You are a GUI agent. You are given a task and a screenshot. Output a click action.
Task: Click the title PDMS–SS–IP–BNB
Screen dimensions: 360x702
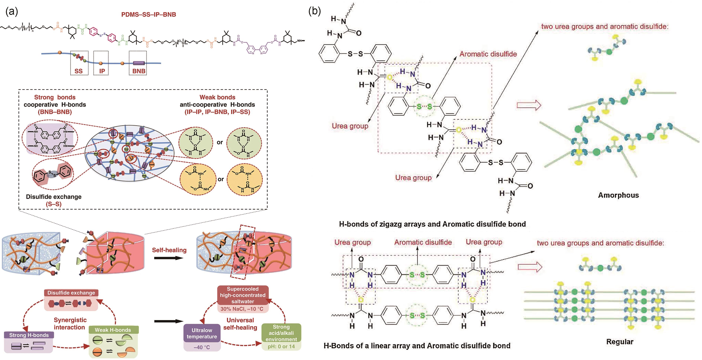[149, 14]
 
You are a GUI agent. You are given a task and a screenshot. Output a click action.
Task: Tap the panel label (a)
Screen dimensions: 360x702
[12, 12]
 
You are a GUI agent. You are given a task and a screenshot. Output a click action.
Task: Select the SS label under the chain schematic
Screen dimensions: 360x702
[79, 71]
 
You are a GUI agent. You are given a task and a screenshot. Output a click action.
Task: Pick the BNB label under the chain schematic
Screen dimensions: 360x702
[139, 71]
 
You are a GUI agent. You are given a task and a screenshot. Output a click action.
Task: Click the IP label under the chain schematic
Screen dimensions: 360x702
[102, 71]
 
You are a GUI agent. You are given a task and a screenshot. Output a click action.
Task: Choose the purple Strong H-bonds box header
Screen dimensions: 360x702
[29, 335]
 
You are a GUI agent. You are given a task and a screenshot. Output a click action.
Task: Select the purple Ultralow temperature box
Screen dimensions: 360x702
[202, 333]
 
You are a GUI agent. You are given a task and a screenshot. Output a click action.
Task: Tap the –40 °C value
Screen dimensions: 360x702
[202, 347]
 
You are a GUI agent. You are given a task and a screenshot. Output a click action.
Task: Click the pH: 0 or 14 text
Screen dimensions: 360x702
[281, 347]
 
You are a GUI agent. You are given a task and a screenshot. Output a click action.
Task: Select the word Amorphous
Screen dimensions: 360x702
[618, 195]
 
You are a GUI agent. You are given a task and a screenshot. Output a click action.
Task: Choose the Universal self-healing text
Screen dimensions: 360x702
[240, 324]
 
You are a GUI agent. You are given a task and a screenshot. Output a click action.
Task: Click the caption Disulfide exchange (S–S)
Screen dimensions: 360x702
[54, 200]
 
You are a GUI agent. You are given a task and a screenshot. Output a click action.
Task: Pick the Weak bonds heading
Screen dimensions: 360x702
[217, 97]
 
